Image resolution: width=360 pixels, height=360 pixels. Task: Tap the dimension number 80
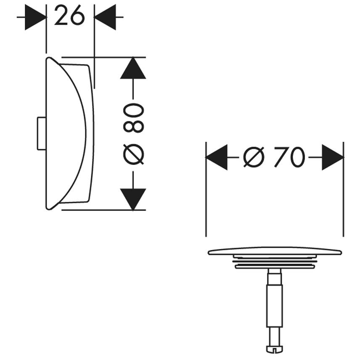coord(133,118)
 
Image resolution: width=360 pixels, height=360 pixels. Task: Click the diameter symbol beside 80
coord(133,154)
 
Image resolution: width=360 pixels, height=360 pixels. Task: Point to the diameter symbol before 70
coord(254,157)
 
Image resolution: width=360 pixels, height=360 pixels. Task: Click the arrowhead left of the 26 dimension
coord(36,17)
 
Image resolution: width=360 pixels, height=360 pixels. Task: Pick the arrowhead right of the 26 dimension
coord(105,17)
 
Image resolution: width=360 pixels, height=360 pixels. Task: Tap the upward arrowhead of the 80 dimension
coord(133,68)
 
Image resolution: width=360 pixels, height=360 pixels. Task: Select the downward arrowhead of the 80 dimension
coord(133,199)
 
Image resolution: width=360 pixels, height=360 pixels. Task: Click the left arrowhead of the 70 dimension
coord(217,157)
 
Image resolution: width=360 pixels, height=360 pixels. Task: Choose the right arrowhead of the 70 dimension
coord(333,157)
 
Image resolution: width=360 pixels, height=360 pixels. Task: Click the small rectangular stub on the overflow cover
coord(42,134)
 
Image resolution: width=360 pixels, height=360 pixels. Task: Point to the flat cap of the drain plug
coord(275,251)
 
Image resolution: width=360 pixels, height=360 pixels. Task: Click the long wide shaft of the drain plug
coord(274,306)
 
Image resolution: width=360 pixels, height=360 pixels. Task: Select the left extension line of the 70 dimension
coord(206,189)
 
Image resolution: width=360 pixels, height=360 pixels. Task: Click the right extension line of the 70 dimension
coord(344,189)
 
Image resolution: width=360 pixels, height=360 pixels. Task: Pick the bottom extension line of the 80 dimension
coord(103,210)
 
